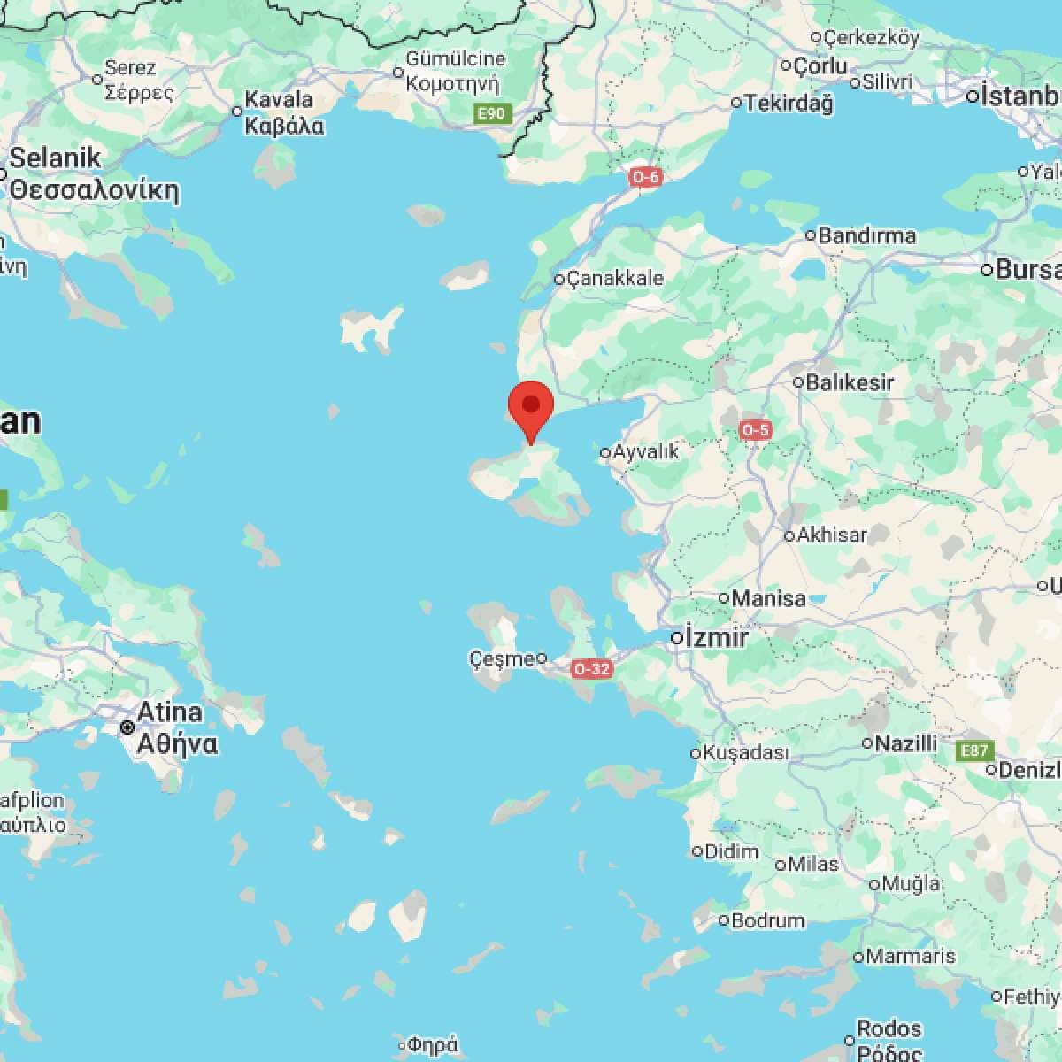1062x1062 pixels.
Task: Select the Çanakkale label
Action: tap(614, 278)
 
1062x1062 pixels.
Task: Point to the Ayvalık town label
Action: tap(646, 451)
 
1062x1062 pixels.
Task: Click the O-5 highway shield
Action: tap(756, 430)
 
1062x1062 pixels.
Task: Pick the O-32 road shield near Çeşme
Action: tap(591, 669)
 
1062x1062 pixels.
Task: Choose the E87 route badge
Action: tap(974, 751)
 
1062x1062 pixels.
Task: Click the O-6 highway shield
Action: tap(645, 177)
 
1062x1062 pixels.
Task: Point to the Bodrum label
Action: tap(767, 920)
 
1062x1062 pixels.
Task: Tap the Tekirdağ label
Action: tap(789, 103)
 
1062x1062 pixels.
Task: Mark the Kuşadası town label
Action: tap(744, 753)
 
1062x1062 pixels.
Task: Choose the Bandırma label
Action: tap(866, 235)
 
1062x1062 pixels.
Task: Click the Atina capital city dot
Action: tap(128, 727)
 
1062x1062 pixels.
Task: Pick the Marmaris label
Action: tap(911, 956)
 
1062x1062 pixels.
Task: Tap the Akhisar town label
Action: tap(832, 535)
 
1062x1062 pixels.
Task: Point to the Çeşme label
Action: tap(502, 658)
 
